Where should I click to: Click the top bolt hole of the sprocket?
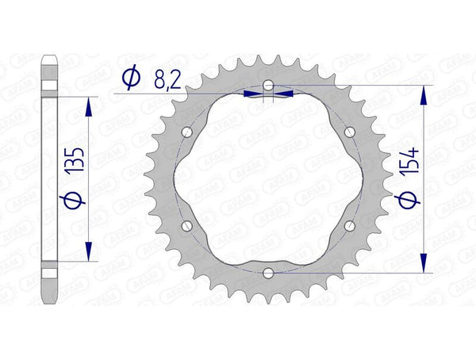pos(269,84)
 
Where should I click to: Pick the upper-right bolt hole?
pos(350,131)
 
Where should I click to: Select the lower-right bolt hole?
pos(350,226)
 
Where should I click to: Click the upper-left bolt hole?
pos(187,131)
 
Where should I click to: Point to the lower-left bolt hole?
pos(187,226)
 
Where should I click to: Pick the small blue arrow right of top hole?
pos(285,93)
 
